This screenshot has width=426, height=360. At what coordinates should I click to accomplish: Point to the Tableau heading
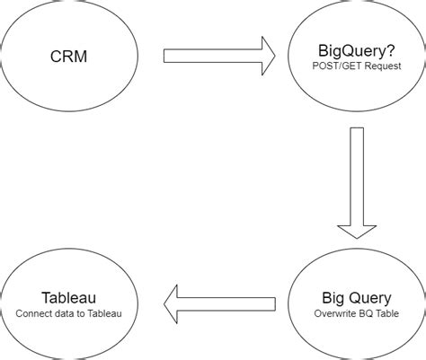(x=68, y=298)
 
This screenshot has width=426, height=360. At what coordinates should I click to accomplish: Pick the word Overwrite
(x=332, y=313)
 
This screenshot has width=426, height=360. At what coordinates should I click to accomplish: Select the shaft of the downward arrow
(x=357, y=171)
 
